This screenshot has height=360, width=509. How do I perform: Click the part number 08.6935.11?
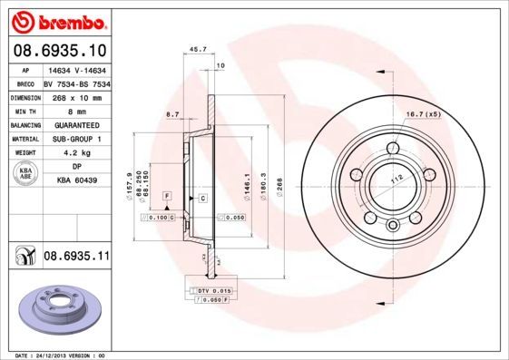[x=76, y=257]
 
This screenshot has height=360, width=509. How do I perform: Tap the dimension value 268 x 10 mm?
[x=76, y=95]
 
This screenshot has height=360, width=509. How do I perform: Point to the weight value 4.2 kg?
[x=76, y=153]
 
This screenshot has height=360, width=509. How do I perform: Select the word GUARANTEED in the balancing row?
[x=76, y=124]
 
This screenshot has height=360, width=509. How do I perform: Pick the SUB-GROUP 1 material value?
[x=76, y=139]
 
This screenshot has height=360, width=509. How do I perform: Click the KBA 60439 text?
[x=76, y=180]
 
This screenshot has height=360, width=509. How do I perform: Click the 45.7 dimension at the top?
[x=193, y=50]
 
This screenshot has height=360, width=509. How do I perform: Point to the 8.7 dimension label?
[x=172, y=113]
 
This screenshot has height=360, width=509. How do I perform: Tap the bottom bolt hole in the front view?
[x=392, y=226]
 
